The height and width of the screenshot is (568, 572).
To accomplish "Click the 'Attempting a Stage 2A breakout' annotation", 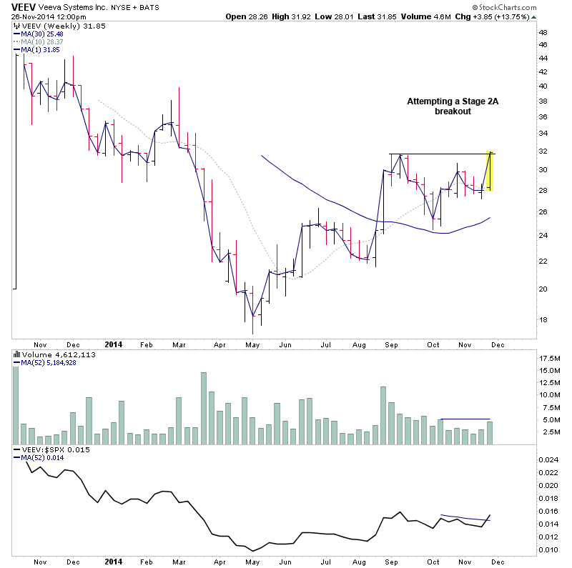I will point(453,106).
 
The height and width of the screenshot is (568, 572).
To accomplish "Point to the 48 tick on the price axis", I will point(543,33).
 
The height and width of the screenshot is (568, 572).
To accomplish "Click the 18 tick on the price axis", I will point(543,319).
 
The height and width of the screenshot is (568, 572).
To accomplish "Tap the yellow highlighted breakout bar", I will point(489,171).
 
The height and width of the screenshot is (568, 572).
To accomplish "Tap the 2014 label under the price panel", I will point(113,344).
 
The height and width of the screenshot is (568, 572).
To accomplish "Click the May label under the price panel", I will point(252,344).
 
